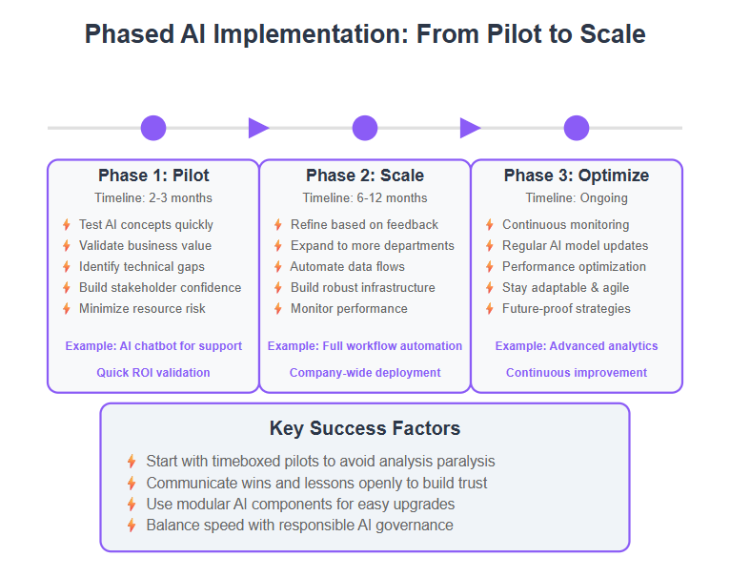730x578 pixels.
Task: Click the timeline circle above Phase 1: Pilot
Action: click(x=153, y=128)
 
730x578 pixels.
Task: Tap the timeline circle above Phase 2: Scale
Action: click(x=365, y=128)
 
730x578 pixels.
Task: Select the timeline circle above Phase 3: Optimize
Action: click(x=577, y=128)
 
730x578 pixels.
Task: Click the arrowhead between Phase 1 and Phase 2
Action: click(x=259, y=128)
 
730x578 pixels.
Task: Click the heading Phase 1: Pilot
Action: click(x=153, y=175)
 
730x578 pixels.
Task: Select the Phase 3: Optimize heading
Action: click(x=577, y=175)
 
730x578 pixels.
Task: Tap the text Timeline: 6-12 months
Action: click(x=365, y=198)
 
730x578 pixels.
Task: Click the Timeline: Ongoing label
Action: click(x=577, y=198)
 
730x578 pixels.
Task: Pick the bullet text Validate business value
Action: click(x=145, y=246)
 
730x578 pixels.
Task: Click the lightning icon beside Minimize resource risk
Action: click(x=67, y=309)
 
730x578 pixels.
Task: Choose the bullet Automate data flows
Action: click(x=347, y=267)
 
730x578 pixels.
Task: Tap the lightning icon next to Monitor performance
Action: click(x=278, y=309)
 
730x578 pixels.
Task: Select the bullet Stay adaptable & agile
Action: click(x=566, y=288)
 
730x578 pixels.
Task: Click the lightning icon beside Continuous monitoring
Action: click(x=490, y=225)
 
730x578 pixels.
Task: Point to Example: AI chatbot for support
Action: click(x=153, y=346)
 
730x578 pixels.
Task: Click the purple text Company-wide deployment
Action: click(x=365, y=372)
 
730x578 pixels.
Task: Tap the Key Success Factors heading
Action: click(x=365, y=428)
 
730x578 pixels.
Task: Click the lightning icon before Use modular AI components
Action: click(x=132, y=505)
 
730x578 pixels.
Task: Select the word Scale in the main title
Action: click(x=613, y=34)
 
